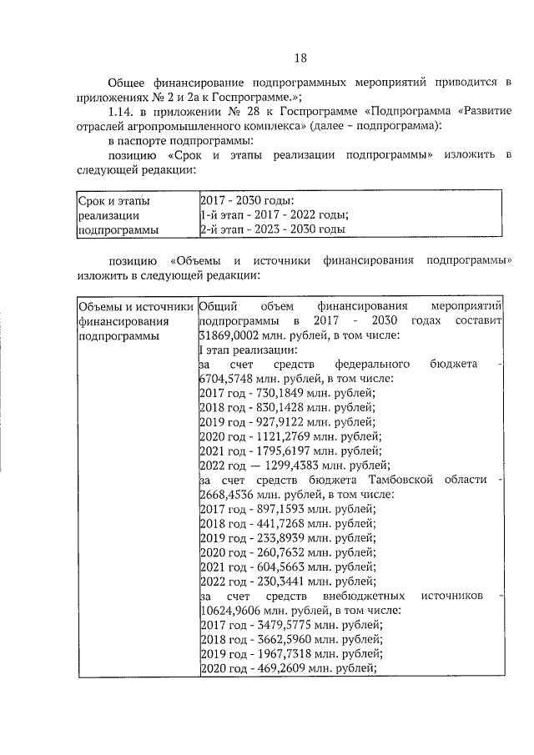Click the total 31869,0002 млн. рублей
[233, 335]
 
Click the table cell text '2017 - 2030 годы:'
[247, 200]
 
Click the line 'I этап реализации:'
[242, 350]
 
